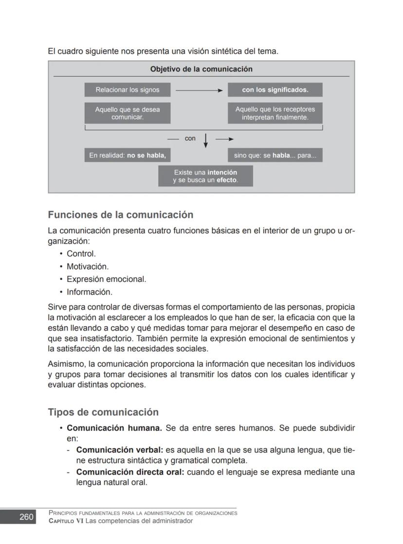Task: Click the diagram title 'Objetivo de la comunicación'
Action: tap(201, 69)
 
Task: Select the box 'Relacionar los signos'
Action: tap(127, 90)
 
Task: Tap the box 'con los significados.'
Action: tap(275, 90)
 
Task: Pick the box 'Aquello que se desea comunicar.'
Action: tap(127, 113)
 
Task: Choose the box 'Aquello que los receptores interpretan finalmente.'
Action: tap(275, 113)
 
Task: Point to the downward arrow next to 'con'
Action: tap(206, 140)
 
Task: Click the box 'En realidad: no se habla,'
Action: tap(127, 156)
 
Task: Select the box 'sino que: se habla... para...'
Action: tap(275, 156)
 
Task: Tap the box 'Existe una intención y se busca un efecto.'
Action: tap(205, 176)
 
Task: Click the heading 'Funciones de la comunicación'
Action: tap(120, 215)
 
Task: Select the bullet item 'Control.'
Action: tap(81, 254)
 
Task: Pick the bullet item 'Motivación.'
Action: tap(88, 266)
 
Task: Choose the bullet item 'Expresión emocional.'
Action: tap(106, 280)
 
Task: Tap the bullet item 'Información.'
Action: tap(90, 292)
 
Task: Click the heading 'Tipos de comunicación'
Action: tap(103, 412)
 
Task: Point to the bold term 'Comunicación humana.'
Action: tap(114, 428)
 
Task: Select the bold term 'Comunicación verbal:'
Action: tap(120, 450)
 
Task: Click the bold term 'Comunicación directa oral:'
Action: tap(130, 472)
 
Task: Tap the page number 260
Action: tap(26, 517)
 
